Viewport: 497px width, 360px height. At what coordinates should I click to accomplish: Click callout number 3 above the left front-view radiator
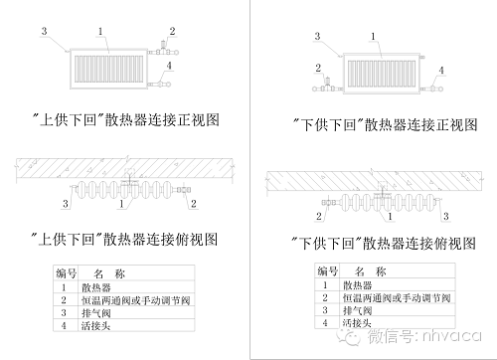tap(44, 31)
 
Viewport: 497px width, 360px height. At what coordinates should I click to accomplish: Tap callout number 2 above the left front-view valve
tap(172, 31)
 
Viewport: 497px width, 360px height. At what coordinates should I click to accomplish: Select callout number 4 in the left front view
tap(169, 66)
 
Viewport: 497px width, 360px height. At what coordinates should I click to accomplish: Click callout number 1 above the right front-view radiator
tap(373, 36)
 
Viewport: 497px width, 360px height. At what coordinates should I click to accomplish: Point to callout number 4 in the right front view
tap(441, 71)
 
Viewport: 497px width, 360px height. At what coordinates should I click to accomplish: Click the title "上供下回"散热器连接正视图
tap(126, 119)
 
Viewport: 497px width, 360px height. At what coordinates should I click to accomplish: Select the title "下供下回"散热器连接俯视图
tap(384, 244)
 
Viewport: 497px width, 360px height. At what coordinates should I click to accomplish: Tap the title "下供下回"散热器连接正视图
tap(385, 124)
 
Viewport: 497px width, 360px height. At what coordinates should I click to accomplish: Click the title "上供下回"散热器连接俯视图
tap(124, 239)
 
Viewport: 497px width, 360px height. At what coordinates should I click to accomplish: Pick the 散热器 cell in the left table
tap(96, 287)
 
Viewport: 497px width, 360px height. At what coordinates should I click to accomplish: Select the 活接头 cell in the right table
tap(357, 322)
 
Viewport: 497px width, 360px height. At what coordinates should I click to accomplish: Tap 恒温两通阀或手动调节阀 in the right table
tap(397, 297)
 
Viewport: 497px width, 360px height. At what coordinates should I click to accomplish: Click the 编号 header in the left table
tap(66, 273)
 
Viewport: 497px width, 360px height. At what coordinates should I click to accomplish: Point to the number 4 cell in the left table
tap(64, 325)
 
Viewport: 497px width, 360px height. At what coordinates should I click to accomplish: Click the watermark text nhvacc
tap(452, 336)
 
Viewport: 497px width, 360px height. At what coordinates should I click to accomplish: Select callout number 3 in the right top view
tap(446, 217)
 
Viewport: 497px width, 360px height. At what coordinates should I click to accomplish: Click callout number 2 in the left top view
tap(194, 204)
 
